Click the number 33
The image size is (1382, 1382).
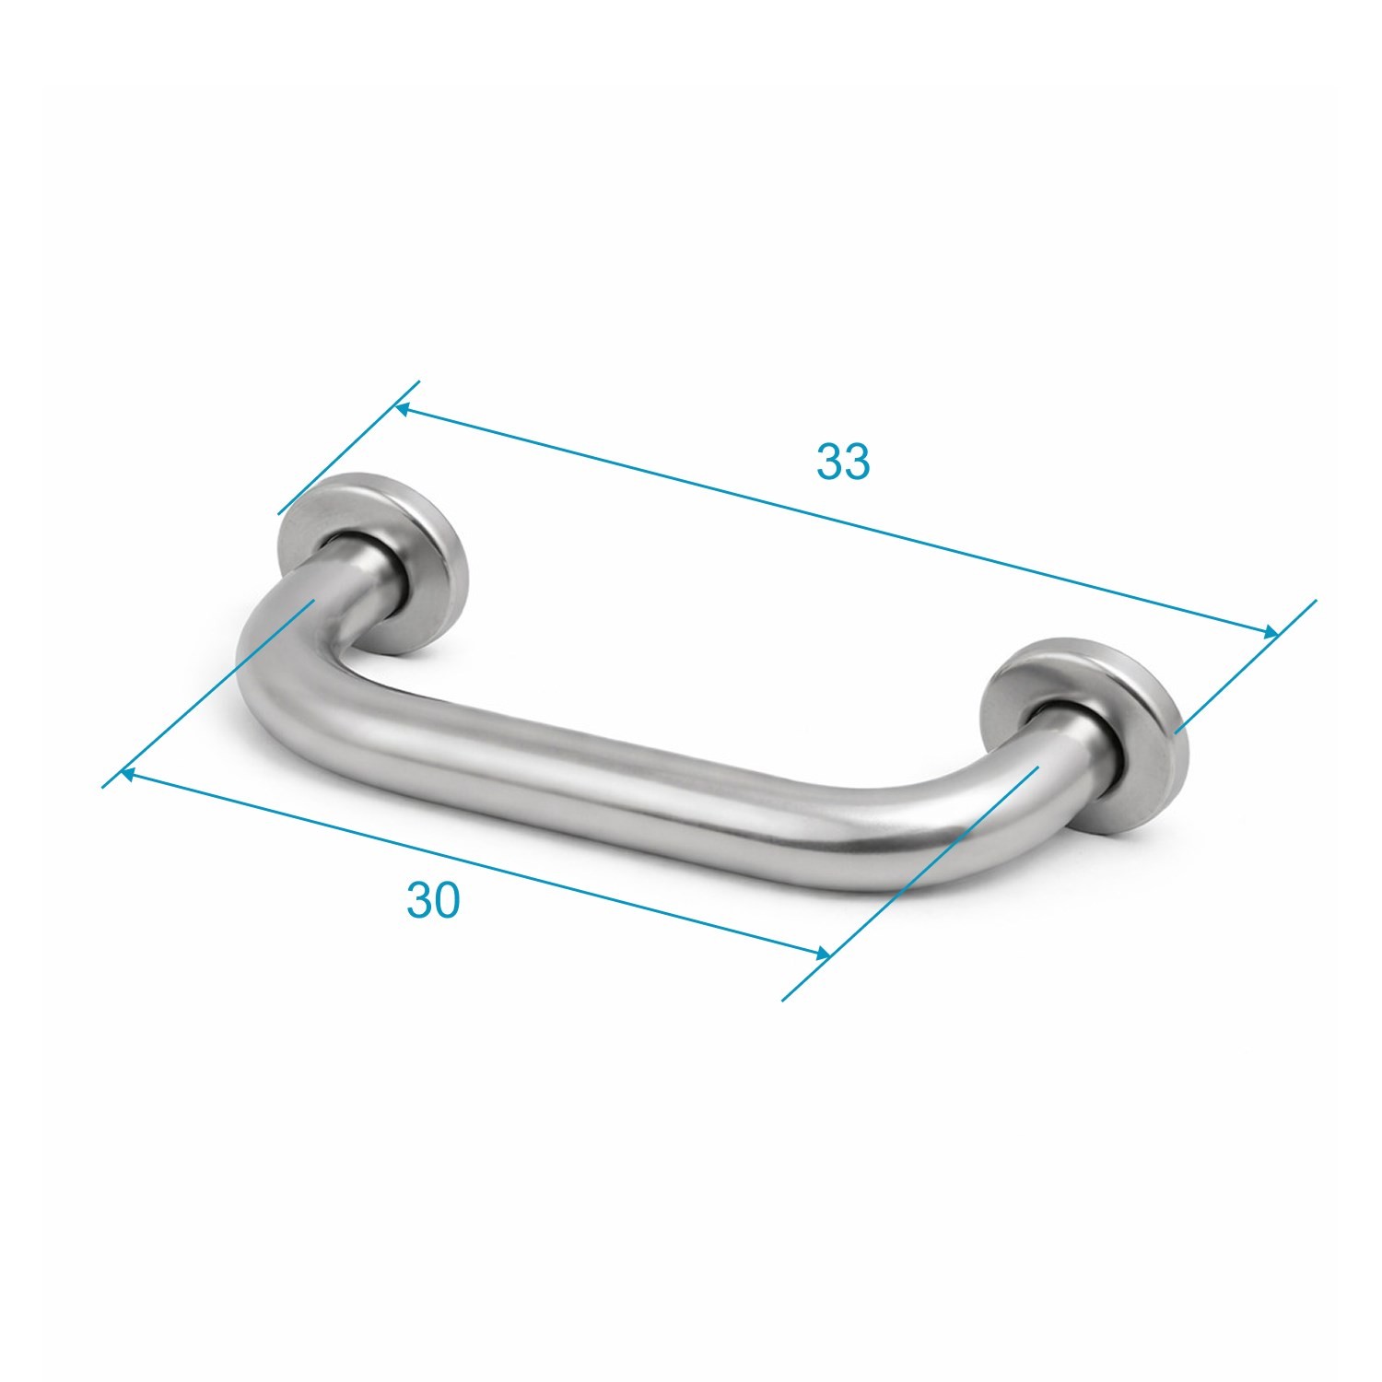tap(842, 462)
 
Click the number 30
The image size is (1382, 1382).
tap(432, 900)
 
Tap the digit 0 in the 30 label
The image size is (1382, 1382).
tap(446, 900)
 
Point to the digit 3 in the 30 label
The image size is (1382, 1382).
tap(418, 900)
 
